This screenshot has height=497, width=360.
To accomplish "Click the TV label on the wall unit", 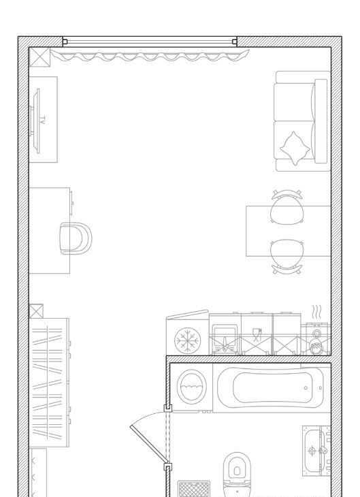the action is [43, 120].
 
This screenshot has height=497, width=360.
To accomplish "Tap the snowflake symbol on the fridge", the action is [187, 340].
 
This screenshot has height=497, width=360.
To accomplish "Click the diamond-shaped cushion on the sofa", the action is [295, 148].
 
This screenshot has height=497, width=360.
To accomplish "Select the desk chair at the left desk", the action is [76, 238].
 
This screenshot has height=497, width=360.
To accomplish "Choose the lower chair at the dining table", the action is [287, 257].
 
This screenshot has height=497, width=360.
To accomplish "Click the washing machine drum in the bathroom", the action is [192, 387].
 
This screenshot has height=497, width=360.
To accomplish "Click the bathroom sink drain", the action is [312, 451].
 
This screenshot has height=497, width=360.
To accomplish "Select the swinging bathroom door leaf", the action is [148, 445].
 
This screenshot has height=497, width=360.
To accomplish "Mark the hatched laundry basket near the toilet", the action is [194, 489].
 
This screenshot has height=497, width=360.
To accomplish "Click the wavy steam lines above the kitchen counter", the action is [317, 312].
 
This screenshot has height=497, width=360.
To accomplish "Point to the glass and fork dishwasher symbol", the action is [257, 335].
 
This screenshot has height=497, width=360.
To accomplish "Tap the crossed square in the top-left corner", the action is [39, 57].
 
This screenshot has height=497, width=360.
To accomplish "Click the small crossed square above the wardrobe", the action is [36, 311].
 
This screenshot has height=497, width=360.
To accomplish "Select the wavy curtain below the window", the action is [150, 55].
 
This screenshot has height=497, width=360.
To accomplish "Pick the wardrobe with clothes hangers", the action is [49, 383].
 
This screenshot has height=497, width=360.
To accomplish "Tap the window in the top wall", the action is [150, 42].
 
